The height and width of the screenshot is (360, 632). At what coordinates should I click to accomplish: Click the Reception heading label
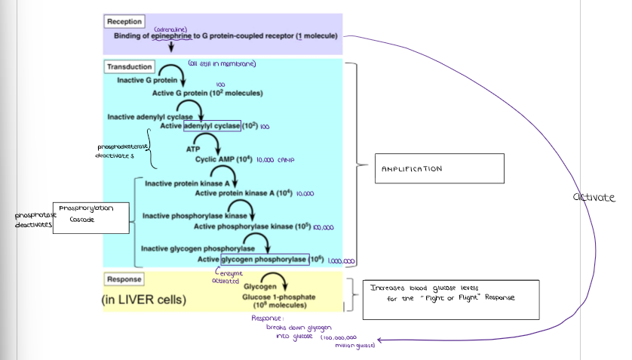coord(124,22)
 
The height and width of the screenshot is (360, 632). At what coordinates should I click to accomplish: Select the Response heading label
coord(124,279)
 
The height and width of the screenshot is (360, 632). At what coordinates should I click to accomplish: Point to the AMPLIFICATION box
coord(438,168)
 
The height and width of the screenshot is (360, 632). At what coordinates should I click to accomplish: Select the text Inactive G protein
coord(147,79)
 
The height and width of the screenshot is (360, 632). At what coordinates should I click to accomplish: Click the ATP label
coord(193,149)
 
